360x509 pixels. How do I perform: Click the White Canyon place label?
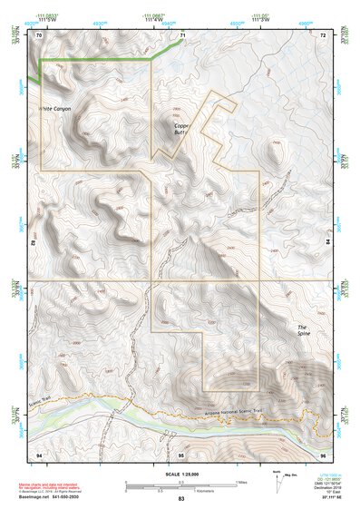click(54, 108)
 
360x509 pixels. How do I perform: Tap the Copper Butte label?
click(184, 129)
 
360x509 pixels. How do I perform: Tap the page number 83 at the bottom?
click(180, 500)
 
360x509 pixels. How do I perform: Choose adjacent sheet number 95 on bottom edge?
click(181, 453)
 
